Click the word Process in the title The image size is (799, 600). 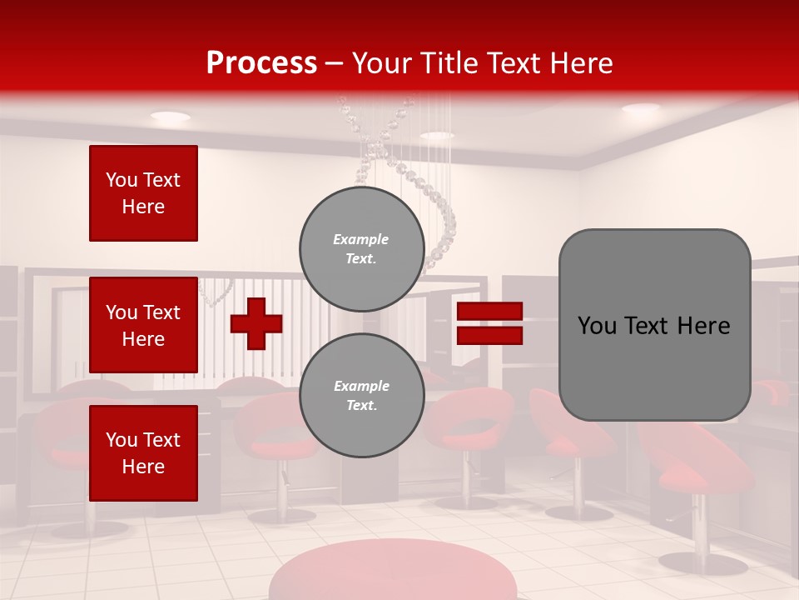pyautogui.click(x=261, y=63)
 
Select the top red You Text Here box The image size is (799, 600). pyautogui.click(x=143, y=193)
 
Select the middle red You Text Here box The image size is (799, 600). pyautogui.click(x=143, y=325)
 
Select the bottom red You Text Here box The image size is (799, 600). pyautogui.click(x=143, y=452)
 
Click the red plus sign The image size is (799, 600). pyautogui.click(x=256, y=323)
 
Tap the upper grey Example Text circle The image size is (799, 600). pyautogui.click(x=361, y=248)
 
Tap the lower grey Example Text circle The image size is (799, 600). pyautogui.click(x=361, y=395)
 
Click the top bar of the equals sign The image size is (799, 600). pyautogui.click(x=489, y=312)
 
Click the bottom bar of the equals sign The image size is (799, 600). pyautogui.click(x=489, y=335)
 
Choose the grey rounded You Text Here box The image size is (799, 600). pyautogui.click(x=654, y=325)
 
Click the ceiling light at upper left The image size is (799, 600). pyautogui.click(x=170, y=117)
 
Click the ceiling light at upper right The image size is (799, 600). pyautogui.click(x=640, y=108)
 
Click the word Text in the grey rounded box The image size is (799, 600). pyautogui.click(x=647, y=326)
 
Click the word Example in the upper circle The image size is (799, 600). pyautogui.click(x=361, y=239)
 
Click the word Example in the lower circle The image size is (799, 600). pyautogui.click(x=361, y=386)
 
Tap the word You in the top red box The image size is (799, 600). pyautogui.click(x=121, y=180)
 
